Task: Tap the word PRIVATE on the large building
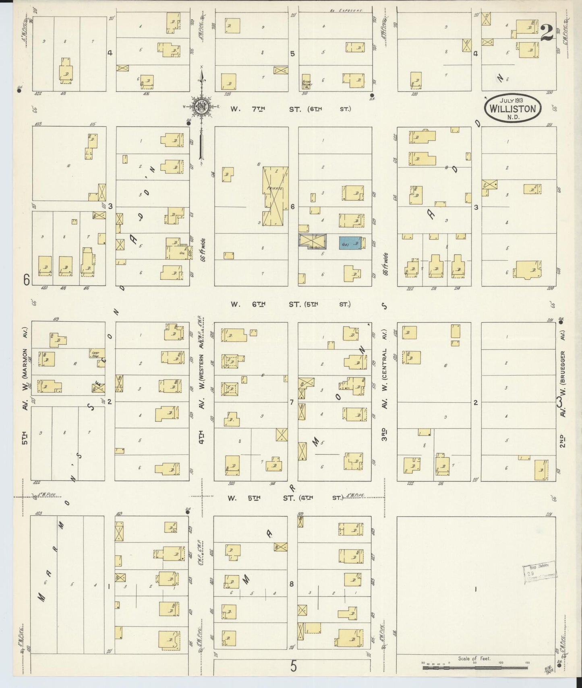point(274,188)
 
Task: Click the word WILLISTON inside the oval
point(512,109)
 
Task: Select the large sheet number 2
point(547,33)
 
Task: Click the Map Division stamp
point(540,572)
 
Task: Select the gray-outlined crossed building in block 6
point(312,241)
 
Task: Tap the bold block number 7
point(292,402)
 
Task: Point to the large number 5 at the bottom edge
point(293,666)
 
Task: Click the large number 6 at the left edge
point(27,279)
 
